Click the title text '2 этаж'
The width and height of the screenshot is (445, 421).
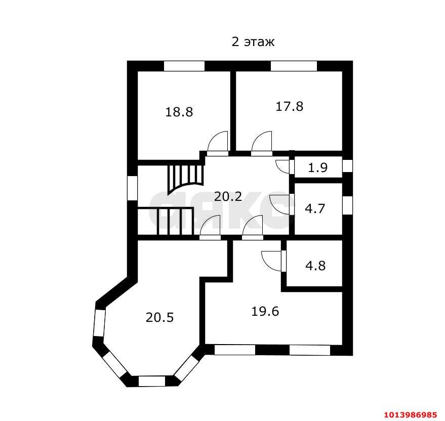[x=253, y=42]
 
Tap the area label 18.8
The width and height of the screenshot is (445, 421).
[x=179, y=112]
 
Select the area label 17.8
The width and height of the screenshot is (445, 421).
[x=289, y=106]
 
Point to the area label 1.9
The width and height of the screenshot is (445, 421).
[x=318, y=167]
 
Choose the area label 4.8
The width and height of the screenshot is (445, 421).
[x=315, y=265]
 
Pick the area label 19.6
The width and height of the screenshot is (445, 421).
[x=265, y=311]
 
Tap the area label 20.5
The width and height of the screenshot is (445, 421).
[x=159, y=317]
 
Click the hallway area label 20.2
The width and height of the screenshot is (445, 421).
[x=228, y=196]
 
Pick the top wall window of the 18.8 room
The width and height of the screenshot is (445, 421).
[x=184, y=66]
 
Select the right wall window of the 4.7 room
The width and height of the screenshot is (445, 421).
[x=347, y=205]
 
